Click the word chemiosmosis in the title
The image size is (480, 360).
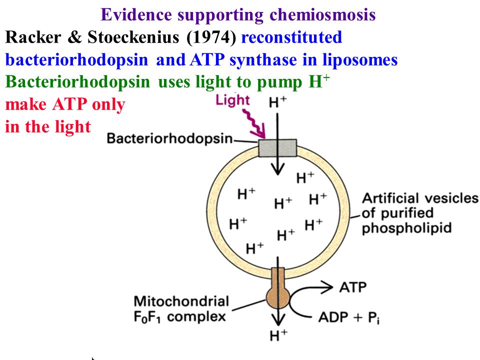click(x=322, y=15)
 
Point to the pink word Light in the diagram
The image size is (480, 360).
click(x=232, y=100)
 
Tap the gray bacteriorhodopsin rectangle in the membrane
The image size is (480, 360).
click(x=277, y=148)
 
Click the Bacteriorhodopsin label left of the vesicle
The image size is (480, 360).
click(x=169, y=139)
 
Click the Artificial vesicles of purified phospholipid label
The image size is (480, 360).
click(x=420, y=213)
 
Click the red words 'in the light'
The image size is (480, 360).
click(x=48, y=127)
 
